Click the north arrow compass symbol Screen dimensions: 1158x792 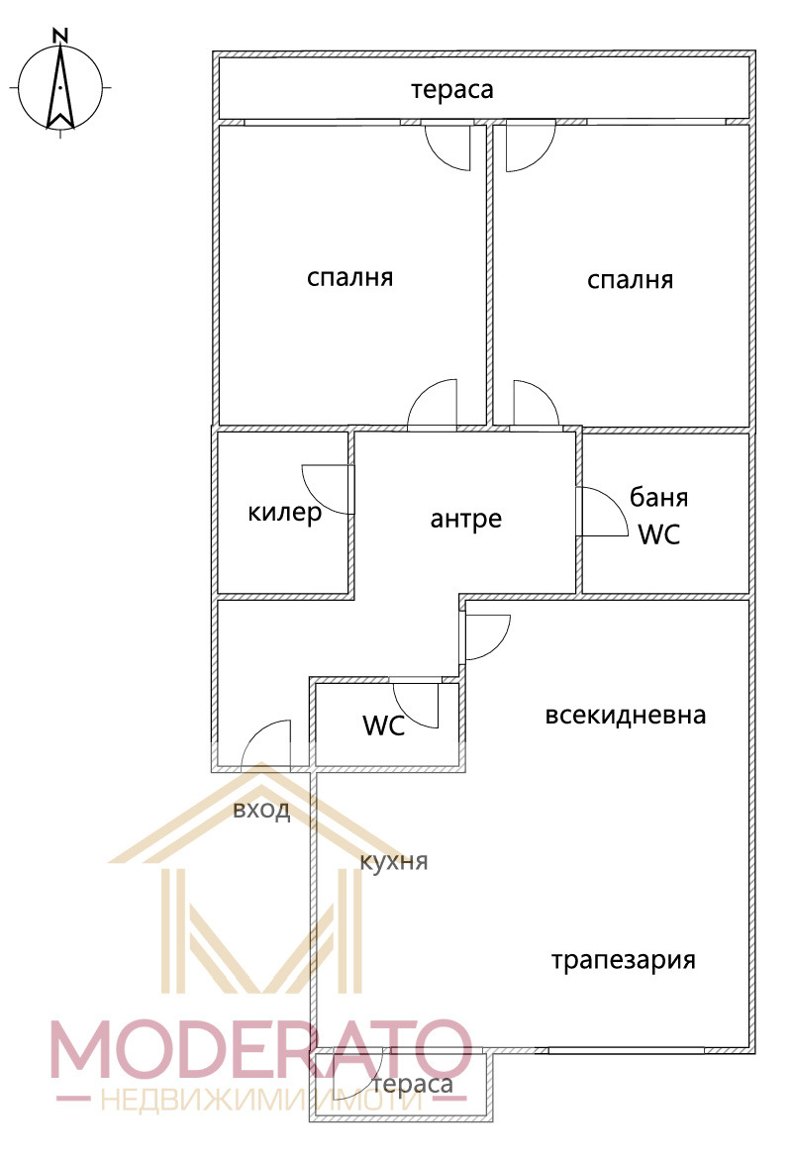60,88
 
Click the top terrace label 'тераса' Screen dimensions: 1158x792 452,89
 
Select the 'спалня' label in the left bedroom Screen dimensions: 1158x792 349,277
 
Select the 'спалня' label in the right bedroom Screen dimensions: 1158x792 630,280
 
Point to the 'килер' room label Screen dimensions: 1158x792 285,513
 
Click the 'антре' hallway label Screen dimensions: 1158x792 466,518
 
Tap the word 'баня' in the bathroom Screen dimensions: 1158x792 659,497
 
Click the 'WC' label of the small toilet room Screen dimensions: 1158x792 383,725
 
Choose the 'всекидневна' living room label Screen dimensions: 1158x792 626,715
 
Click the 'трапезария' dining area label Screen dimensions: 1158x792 624,959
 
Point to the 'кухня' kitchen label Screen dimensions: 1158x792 394,860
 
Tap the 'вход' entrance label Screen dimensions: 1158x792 261,811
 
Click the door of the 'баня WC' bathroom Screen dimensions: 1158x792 601,512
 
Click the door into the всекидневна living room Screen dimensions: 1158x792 485,636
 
